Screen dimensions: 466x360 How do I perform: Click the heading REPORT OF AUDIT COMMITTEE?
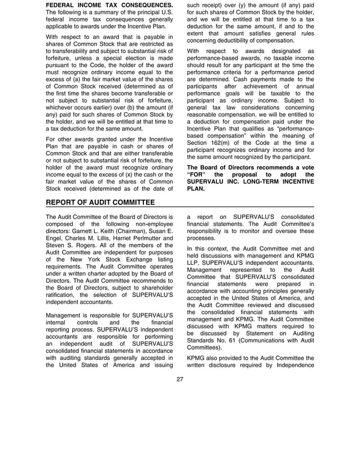tap(100, 203)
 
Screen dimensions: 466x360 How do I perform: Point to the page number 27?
tap(180, 379)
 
